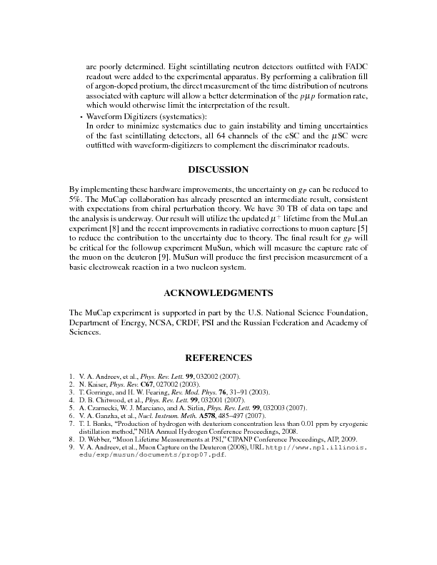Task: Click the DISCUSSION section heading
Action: point(218,170)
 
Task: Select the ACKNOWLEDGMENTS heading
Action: point(218,293)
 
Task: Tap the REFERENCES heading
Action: point(218,357)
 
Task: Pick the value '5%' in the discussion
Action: point(74,198)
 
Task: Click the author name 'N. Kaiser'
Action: point(92,385)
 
